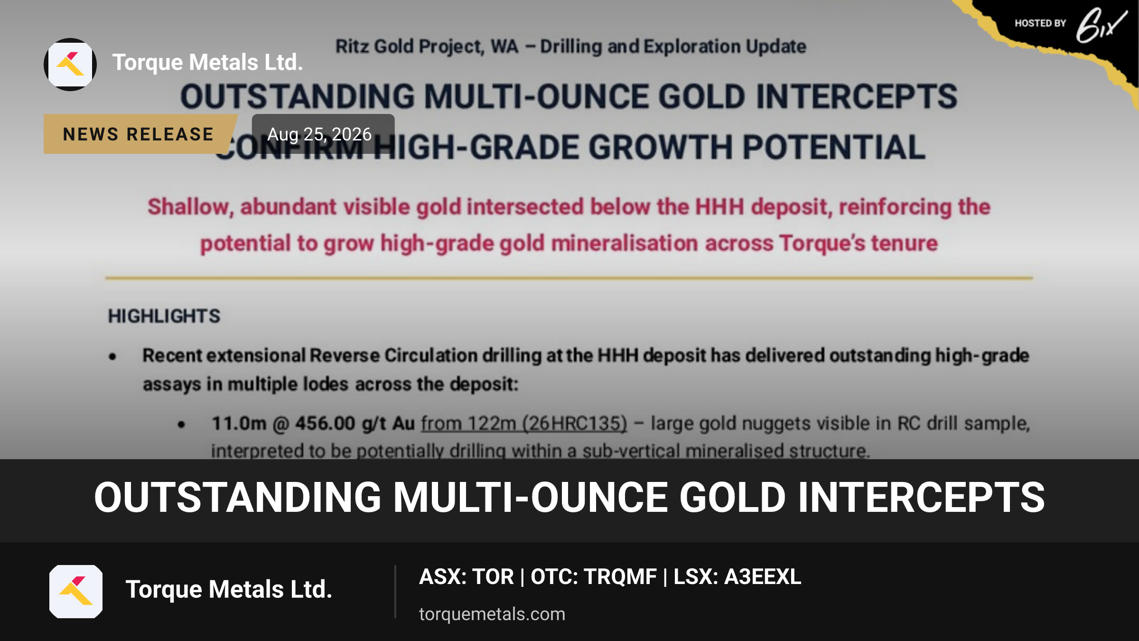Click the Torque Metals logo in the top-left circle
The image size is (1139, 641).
click(x=70, y=65)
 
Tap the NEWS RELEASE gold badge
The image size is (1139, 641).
click(x=139, y=134)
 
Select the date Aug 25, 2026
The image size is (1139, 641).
click(x=319, y=134)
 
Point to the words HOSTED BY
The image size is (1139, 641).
click(x=1040, y=23)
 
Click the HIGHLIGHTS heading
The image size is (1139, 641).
click(x=164, y=316)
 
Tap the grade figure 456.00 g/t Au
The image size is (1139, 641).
click(x=355, y=423)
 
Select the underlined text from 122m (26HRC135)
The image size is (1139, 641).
click(x=524, y=424)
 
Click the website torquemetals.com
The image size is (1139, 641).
click(x=492, y=614)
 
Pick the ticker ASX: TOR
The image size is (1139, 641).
click(x=467, y=577)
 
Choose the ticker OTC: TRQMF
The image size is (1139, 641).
click(x=594, y=577)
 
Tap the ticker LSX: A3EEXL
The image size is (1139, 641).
click(x=738, y=577)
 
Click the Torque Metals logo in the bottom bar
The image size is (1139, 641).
click(x=76, y=592)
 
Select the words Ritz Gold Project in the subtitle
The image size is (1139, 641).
click(x=410, y=47)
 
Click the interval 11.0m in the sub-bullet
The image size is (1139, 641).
click(x=239, y=423)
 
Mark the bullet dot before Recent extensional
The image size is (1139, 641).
click(x=112, y=357)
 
